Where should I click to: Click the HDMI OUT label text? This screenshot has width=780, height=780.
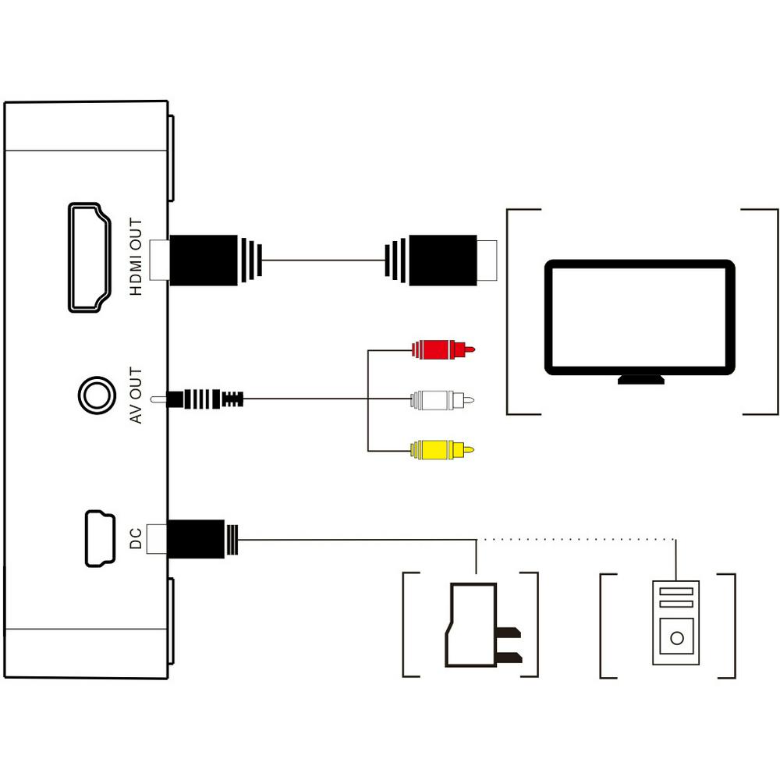(x=136, y=257)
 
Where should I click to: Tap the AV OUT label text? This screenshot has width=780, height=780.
(x=136, y=395)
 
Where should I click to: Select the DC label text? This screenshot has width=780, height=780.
(x=136, y=537)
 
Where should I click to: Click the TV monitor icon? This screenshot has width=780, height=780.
(x=639, y=315)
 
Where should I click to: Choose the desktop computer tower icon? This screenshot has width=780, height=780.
(x=676, y=622)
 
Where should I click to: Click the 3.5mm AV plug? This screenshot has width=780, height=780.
(x=204, y=399)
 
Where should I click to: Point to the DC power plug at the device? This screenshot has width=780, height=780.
(x=199, y=539)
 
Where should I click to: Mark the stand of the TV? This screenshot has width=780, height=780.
(x=641, y=379)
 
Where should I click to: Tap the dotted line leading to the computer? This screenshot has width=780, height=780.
(x=577, y=539)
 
